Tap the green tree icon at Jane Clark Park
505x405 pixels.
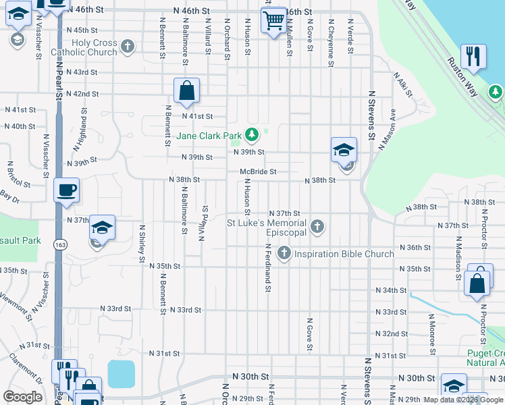coord(252,135)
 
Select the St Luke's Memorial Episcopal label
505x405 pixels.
coord(266,227)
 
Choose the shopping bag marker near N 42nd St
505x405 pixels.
coord(186,90)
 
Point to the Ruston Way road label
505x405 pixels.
coord(463,74)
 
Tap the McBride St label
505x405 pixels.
coord(258,172)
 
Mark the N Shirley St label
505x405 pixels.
coord(142,244)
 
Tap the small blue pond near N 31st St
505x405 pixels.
coord(121,373)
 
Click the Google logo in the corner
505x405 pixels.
coord(23,396)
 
